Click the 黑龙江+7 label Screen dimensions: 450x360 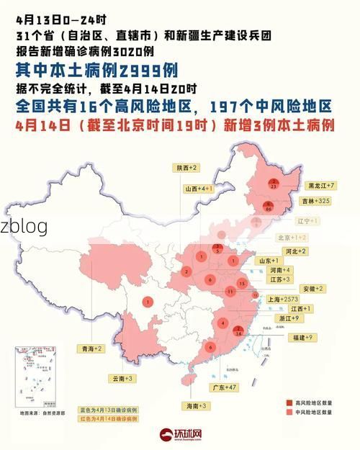322,186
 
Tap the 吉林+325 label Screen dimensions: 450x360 317,201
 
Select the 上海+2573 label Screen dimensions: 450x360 283,299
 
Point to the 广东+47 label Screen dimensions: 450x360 223,387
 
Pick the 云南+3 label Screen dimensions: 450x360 123,378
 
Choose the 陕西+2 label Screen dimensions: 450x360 187,167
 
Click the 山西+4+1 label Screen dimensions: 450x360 197,189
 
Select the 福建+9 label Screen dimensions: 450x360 300,337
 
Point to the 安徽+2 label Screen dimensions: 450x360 311,289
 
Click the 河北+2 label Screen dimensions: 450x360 295,251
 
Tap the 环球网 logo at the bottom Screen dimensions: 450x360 181,436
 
